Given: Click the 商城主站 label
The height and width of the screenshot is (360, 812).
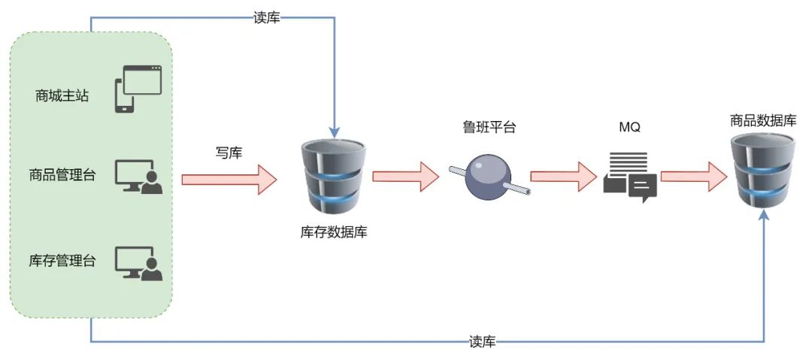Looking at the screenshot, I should click(62, 95).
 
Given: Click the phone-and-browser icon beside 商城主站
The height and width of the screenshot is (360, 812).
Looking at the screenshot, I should click(138, 89).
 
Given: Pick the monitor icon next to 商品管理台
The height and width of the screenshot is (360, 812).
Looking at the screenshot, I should click(138, 177).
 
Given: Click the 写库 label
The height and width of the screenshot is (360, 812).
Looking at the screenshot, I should click(229, 153).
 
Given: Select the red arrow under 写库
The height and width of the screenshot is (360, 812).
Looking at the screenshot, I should click(229, 179).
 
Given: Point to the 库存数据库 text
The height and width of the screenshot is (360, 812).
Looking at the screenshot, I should click(333, 231).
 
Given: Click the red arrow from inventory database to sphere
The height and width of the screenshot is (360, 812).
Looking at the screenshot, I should click(405, 176).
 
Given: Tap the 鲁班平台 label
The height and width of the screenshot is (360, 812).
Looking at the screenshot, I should click(489, 127).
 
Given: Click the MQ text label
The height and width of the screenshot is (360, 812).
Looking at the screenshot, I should click(629, 127).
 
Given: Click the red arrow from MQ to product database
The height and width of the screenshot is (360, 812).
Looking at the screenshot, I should click(693, 176).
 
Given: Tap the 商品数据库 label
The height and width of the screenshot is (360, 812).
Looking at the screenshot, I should click(763, 120).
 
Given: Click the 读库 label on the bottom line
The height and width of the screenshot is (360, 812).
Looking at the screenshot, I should click(481, 342).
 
